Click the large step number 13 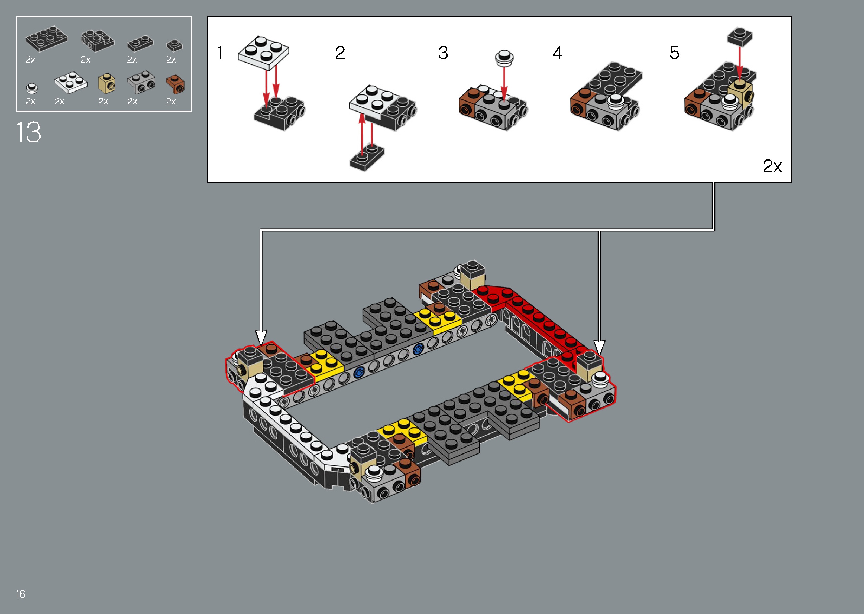coord(29,132)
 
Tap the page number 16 coord(21,594)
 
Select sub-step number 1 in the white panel coord(220,53)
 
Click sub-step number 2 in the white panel coord(340,53)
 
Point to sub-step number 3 coord(443,53)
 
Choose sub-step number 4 coord(557,53)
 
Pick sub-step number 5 coord(674,53)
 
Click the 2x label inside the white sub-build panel coord(772,166)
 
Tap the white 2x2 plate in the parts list coord(71,82)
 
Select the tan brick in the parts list coord(107,84)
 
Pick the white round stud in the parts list coord(32,88)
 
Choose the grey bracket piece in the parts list coord(141,82)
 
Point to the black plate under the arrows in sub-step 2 coord(367,157)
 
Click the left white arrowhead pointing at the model coord(261,337)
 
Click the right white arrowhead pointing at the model coord(599,346)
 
